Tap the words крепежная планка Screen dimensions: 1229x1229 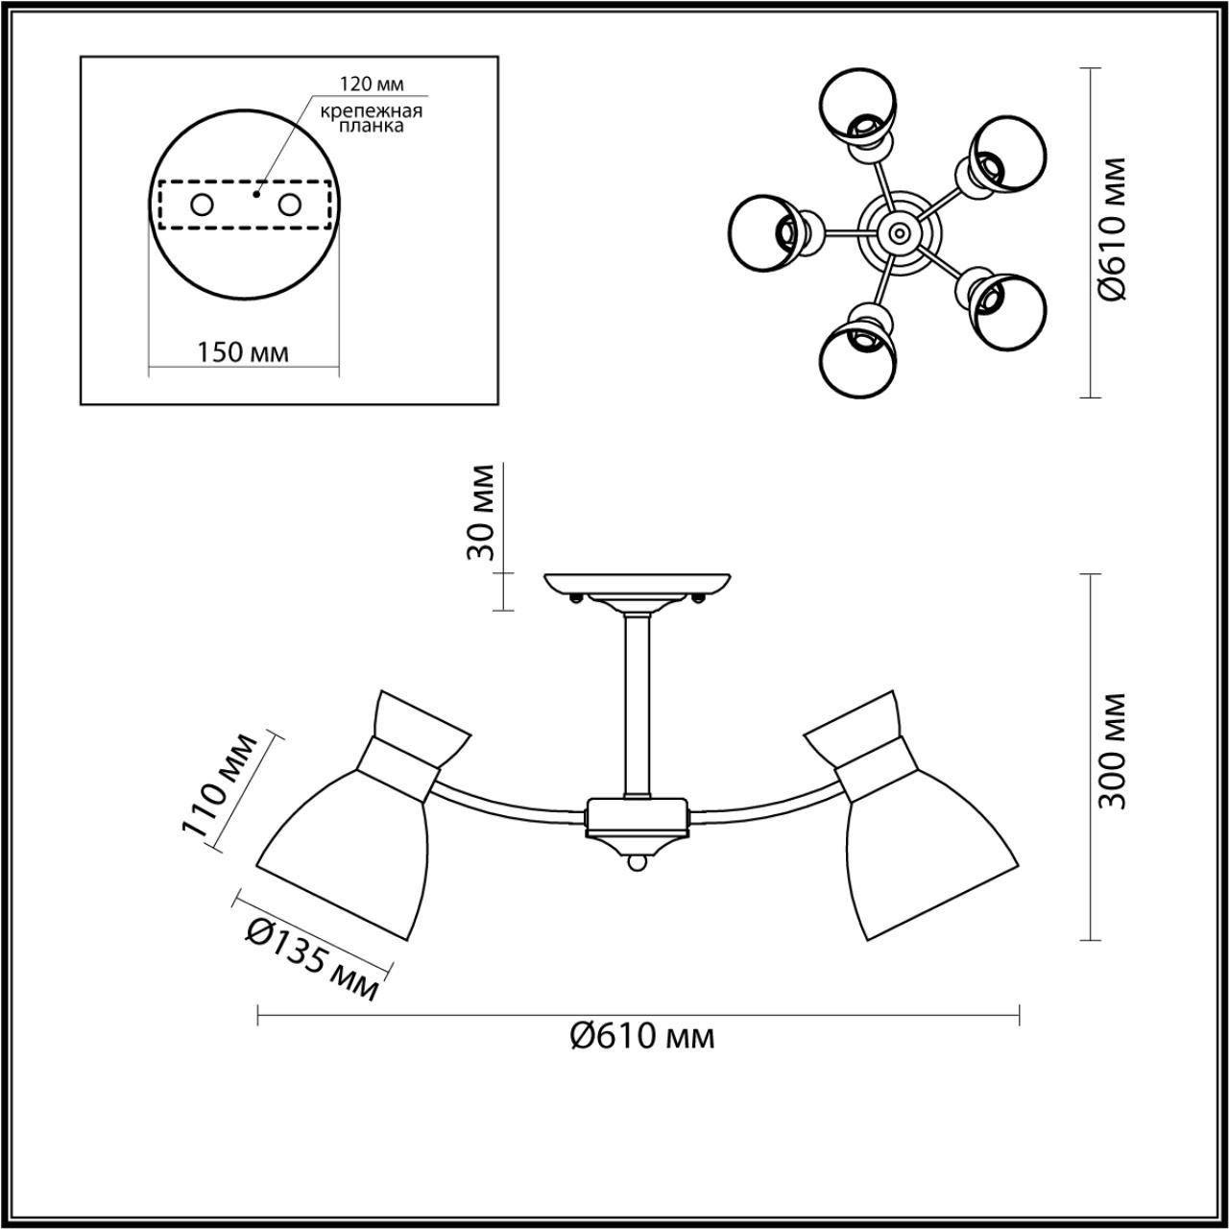click(372, 118)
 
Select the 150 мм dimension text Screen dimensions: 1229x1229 click(243, 352)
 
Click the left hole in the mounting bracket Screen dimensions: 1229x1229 click(203, 205)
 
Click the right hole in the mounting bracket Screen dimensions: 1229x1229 click(289, 205)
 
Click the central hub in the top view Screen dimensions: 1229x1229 click(898, 231)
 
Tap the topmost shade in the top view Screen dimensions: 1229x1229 click(859, 103)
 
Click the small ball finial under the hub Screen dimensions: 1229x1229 click(637, 864)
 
